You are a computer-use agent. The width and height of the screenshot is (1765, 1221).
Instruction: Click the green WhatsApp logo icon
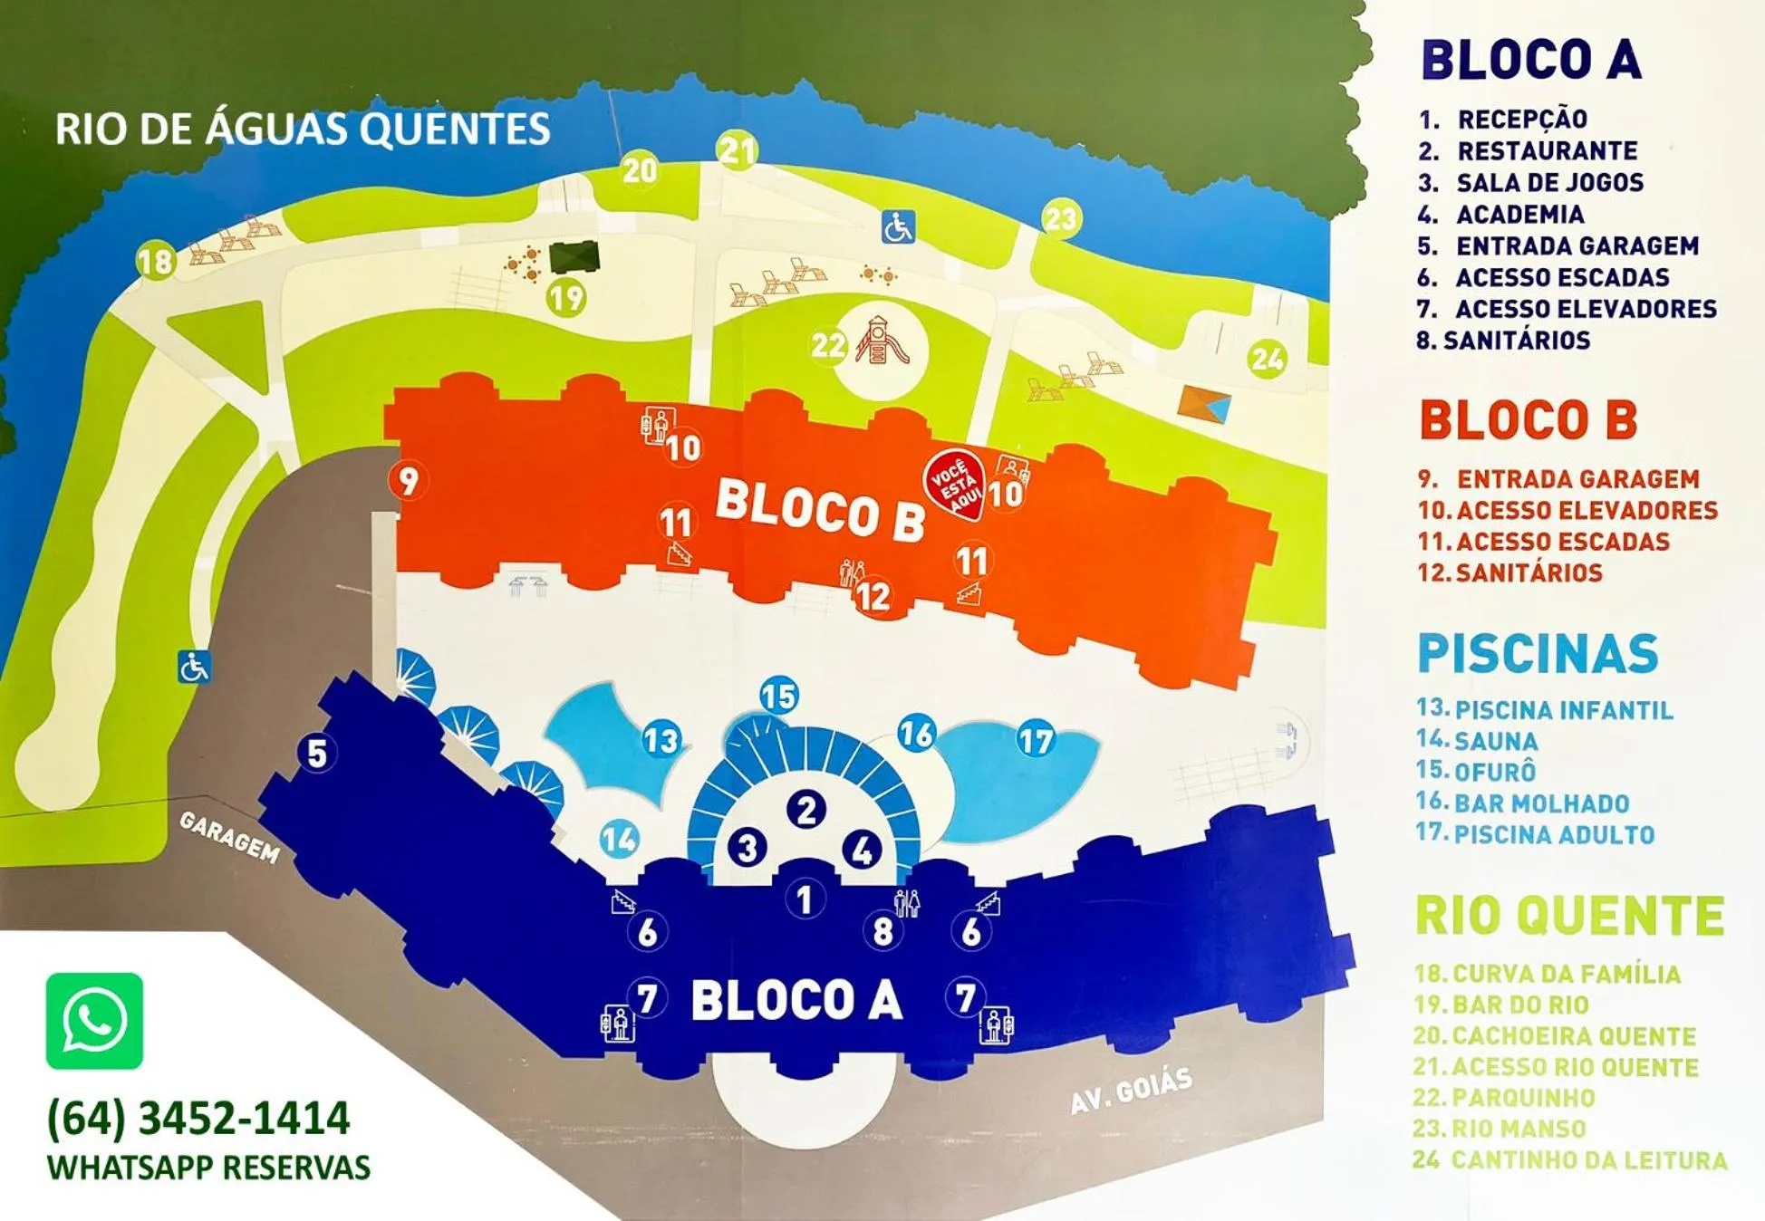coord(94,1021)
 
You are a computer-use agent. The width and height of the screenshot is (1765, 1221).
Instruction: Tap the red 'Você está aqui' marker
coord(953,484)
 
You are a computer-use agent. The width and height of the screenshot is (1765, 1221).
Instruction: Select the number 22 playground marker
coord(828,345)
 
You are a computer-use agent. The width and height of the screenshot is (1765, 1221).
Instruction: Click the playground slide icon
coord(881,341)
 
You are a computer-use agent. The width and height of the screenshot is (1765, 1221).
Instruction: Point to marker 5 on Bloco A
coord(316,753)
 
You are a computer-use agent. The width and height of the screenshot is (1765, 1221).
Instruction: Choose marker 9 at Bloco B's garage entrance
coord(408,480)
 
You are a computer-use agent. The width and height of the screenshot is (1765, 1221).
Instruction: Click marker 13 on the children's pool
coord(661,740)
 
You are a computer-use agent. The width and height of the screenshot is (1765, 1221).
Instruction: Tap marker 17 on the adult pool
coord(1036,739)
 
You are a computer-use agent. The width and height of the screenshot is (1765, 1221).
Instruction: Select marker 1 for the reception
coord(804,899)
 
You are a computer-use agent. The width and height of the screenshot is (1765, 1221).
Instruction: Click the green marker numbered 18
coord(156,261)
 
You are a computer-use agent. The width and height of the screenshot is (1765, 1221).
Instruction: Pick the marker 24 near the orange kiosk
coord(1267,360)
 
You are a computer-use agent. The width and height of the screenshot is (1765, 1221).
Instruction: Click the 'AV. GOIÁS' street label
coord(1131,1091)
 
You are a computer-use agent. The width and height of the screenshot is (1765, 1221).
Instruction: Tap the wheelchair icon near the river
coord(898,226)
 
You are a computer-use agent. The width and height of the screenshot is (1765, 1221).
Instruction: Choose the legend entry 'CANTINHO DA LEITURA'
coord(1570,1160)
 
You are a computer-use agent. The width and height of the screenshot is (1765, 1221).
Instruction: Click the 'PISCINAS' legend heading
coord(1538,654)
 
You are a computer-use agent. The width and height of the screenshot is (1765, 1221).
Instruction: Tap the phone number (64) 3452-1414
coord(198,1118)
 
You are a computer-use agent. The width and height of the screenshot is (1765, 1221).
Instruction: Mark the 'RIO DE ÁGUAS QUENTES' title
coord(303,130)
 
